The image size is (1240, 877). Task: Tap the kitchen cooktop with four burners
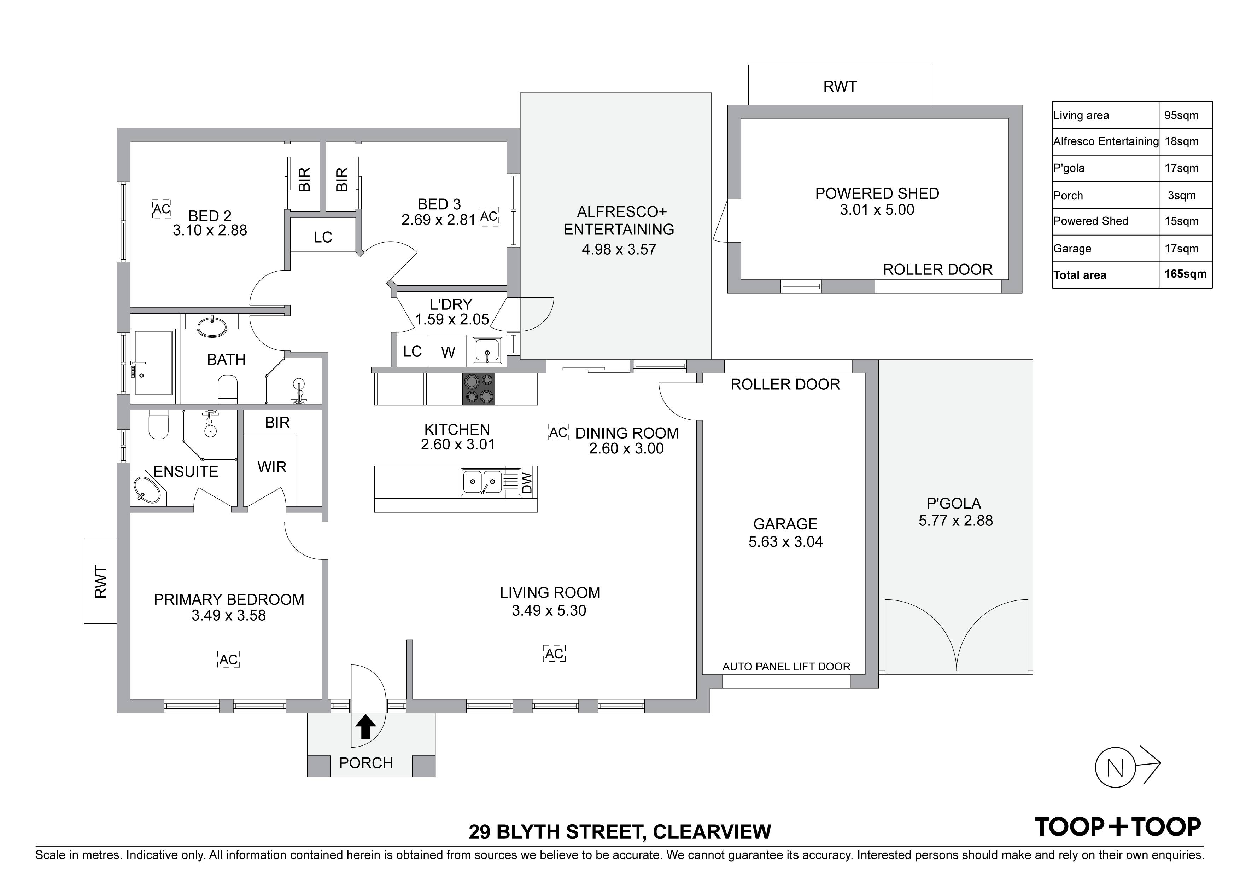click(479, 389)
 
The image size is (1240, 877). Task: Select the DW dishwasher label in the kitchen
click(527, 483)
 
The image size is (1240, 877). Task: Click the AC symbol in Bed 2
click(162, 209)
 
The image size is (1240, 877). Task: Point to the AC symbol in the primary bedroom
click(228, 659)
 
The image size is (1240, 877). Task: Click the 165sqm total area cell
click(1186, 274)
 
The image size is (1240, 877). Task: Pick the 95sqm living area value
click(1182, 115)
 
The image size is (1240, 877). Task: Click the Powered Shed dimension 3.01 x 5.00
click(877, 210)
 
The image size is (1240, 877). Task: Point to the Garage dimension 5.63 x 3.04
click(785, 541)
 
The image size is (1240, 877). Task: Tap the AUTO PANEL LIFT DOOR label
click(786, 667)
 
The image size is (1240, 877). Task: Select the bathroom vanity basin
click(212, 326)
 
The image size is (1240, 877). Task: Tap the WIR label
click(272, 467)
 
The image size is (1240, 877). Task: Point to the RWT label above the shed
click(840, 86)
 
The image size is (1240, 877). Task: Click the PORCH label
click(365, 763)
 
